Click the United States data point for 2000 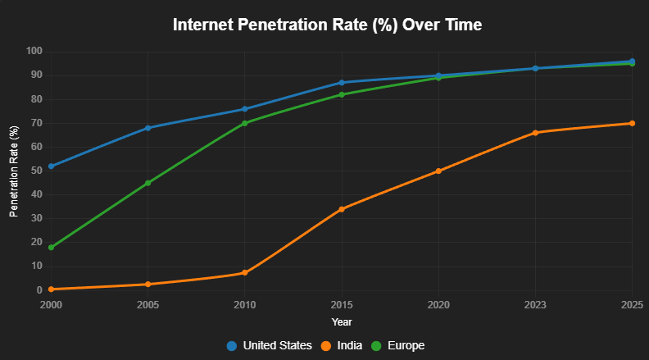[51, 166]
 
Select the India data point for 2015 [342, 209]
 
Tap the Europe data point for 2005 [147, 183]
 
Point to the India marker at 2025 [632, 123]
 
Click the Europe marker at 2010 [244, 123]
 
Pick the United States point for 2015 [342, 82]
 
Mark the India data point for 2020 [438, 171]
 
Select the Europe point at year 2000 [51, 247]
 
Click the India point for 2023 [535, 133]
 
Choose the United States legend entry [269, 345]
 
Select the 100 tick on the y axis [33, 51]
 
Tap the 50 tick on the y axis [35, 171]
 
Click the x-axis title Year [342, 321]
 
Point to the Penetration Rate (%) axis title [14, 171]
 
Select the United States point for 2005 [147, 128]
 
